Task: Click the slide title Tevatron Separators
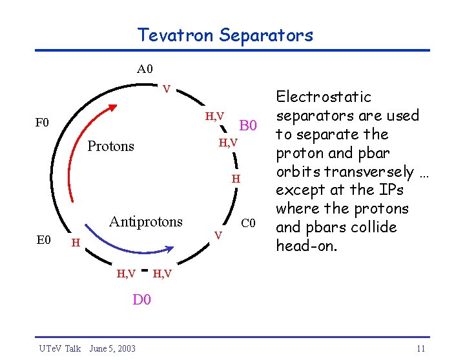[x=225, y=35]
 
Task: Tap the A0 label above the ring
[x=145, y=68]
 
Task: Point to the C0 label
[x=249, y=224]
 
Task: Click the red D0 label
[x=141, y=299]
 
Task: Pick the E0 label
[x=43, y=240]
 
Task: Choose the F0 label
[x=43, y=122]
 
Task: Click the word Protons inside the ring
[x=110, y=146]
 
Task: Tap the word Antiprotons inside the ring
[x=146, y=221]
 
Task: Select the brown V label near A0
[x=166, y=88]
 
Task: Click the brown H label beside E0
[x=76, y=243]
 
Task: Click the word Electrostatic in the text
[x=324, y=97]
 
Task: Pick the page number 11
[x=421, y=348]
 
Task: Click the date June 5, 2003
[x=112, y=348]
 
